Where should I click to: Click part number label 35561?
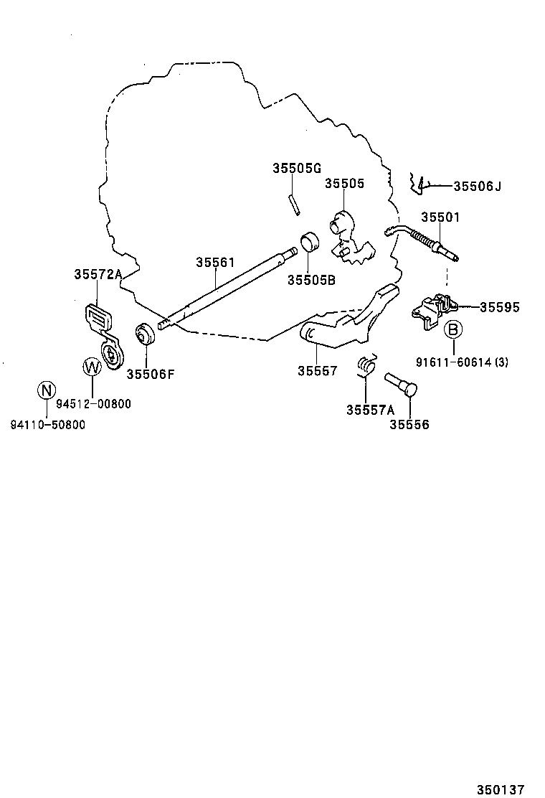coord(215,263)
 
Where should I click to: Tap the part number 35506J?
coord(477,187)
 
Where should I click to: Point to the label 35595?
coord(500,307)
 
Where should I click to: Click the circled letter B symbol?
coord(453,331)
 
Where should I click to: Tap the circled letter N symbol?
coord(46,391)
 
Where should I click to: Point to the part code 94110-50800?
coord(47,424)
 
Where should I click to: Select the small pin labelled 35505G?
coord(293,204)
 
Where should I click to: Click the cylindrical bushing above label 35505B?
coord(310,243)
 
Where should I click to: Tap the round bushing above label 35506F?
coord(146,334)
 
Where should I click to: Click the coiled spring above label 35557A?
coord(367,365)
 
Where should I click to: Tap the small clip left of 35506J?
coord(418,184)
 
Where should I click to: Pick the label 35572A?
coord(98,275)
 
